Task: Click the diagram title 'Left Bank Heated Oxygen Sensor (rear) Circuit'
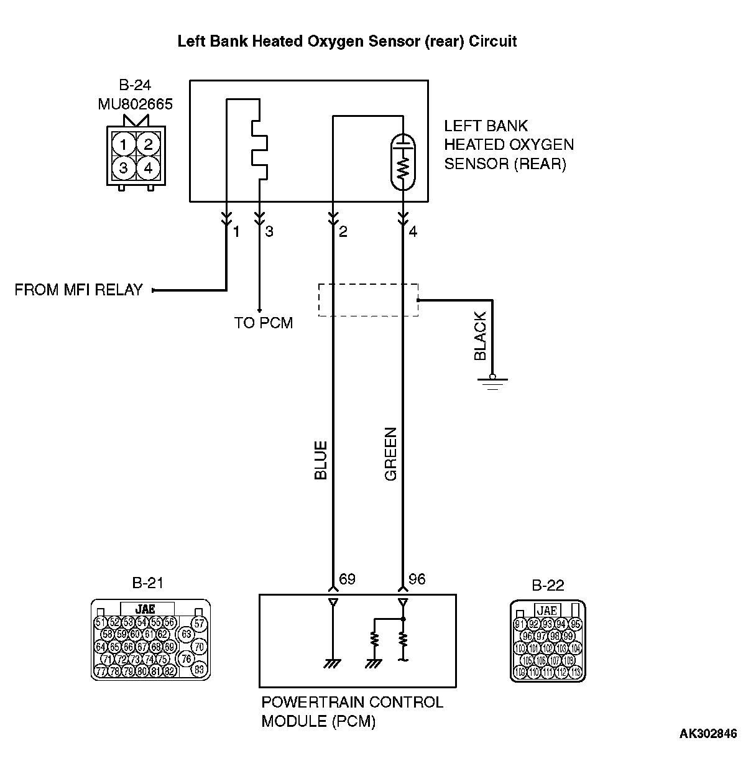(x=347, y=42)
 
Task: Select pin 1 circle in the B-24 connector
(x=124, y=145)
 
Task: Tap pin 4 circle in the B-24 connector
(x=147, y=168)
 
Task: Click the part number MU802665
(x=135, y=103)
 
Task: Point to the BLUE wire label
(x=321, y=461)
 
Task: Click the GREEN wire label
(x=390, y=455)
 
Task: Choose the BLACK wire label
(x=480, y=336)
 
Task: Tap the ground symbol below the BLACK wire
(x=492, y=382)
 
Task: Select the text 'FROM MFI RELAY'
(x=78, y=290)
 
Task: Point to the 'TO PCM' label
(x=263, y=323)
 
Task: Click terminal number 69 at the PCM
(x=347, y=579)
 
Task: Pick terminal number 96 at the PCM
(x=417, y=579)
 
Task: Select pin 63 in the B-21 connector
(x=186, y=634)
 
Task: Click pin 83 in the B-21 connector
(x=199, y=670)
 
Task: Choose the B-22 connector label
(x=548, y=586)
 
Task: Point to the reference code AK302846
(x=708, y=734)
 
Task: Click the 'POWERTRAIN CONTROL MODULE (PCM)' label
(x=352, y=711)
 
